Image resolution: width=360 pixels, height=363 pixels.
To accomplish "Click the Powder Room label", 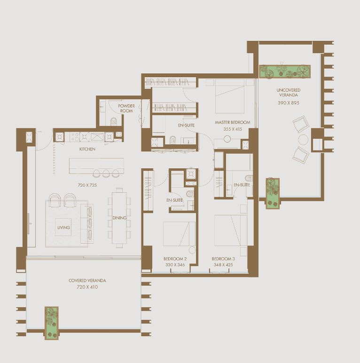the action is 126,108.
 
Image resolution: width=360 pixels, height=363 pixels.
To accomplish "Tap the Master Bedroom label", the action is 233,122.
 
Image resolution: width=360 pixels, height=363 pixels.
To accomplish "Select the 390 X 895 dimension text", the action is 289,103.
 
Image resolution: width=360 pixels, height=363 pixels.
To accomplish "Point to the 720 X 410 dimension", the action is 87,287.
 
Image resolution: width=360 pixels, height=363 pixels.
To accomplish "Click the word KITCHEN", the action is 87,149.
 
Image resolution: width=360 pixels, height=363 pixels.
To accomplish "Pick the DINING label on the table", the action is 119,218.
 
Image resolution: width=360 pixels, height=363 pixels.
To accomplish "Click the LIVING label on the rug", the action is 63,227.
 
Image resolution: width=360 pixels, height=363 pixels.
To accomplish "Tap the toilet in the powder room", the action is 114,121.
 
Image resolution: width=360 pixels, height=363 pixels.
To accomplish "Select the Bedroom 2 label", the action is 175,259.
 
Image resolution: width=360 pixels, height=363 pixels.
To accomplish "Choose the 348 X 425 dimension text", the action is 223,265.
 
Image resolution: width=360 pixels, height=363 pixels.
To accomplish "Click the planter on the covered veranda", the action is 51,323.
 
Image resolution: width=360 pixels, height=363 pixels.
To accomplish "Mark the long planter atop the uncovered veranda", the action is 285,71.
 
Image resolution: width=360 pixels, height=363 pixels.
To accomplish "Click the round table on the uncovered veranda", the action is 303,140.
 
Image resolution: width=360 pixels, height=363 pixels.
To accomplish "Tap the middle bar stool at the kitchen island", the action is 106,173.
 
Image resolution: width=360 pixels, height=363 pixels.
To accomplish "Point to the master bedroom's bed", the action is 229,96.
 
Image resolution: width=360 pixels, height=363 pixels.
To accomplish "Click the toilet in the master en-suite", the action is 172,140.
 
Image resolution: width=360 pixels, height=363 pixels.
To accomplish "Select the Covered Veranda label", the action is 87,281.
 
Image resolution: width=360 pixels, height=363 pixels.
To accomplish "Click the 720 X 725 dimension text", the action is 87,185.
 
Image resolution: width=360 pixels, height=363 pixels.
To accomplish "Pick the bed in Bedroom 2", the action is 180,234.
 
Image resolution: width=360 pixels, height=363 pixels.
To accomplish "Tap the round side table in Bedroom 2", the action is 192,250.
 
